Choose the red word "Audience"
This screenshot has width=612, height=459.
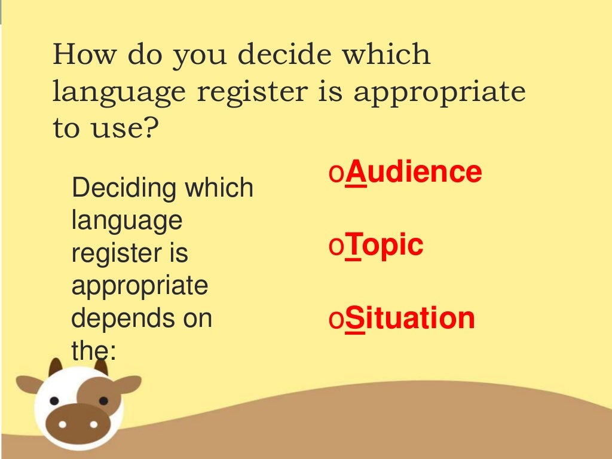point(414,172)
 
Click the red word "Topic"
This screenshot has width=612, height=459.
point(384,245)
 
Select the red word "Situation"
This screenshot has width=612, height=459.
point(410,318)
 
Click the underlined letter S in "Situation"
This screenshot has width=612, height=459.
point(354,318)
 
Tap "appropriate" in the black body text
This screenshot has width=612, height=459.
point(140,287)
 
